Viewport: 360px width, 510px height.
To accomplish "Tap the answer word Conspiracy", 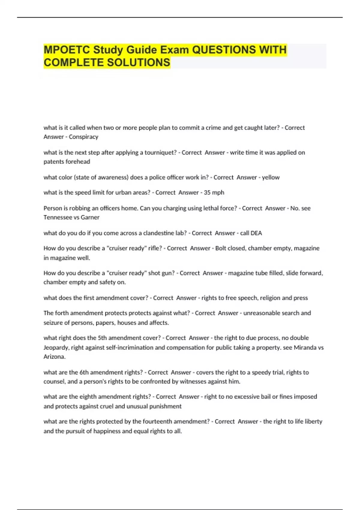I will [83, 137].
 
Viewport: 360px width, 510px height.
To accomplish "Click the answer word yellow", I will [271, 177].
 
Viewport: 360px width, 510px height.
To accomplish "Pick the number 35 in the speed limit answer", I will [207, 193].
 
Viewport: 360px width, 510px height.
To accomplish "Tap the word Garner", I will [90, 217].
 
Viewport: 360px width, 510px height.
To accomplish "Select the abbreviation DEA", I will [256, 233].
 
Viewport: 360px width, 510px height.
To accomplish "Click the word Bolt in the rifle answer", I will [221, 248].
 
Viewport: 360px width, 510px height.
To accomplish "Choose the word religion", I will [270, 298].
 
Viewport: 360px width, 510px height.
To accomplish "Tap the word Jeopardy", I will [56, 348].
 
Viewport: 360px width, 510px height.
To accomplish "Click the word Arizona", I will [54, 357].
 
